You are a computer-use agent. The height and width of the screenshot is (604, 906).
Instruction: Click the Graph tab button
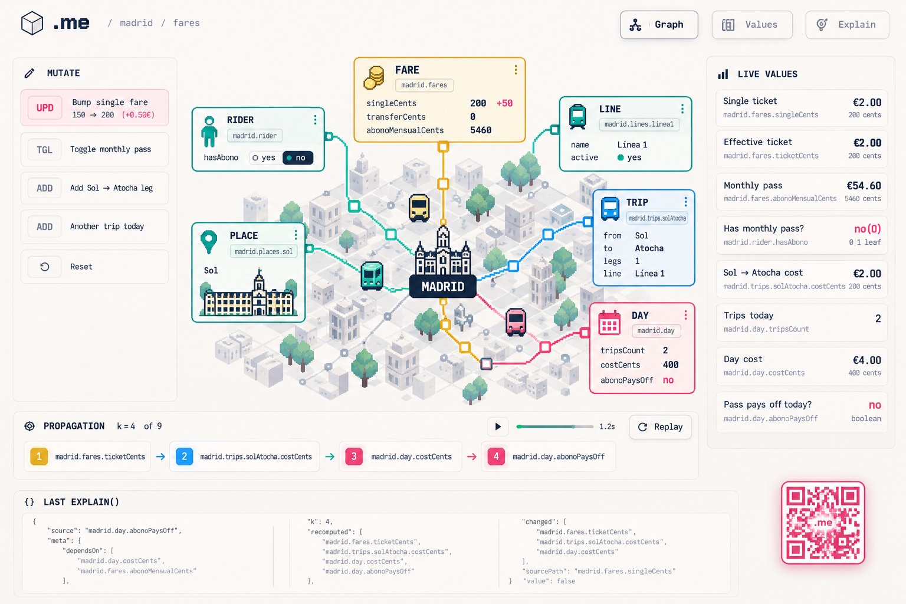[x=659, y=25]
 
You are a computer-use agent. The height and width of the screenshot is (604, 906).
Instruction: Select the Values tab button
[x=752, y=25]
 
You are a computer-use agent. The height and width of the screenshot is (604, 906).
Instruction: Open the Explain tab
[x=848, y=25]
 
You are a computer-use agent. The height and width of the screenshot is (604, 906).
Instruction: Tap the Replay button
[x=661, y=427]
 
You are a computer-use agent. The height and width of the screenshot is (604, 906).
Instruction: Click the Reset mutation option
[x=94, y=267]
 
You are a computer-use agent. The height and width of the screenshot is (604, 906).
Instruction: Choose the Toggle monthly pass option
[x=94, y=149]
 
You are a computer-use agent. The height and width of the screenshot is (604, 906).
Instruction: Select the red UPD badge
[x=45, y=107]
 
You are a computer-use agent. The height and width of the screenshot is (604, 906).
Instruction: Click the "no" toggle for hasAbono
[x=298, y=157]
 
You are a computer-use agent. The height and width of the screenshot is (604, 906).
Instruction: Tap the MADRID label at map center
[x=443, y=287]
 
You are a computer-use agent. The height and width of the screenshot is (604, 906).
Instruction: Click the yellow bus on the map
[x=419, y=208]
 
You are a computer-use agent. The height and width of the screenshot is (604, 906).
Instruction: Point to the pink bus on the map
[x=516, y=322]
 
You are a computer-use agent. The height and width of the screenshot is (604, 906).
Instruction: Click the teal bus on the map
[x=372, y=275]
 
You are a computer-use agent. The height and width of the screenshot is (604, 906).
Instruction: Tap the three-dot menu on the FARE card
[x=516, y=70]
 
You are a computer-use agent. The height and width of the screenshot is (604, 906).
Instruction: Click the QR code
[x=823, y=522]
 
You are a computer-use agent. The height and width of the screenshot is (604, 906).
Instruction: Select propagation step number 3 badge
[x=354, y=457]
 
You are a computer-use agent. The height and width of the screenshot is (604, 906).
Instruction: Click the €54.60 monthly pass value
[x=864, y=186]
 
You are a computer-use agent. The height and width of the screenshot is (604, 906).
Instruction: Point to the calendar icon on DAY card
[x=609, y=323]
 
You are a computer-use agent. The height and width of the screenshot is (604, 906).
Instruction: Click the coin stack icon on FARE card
[x=374, y=78]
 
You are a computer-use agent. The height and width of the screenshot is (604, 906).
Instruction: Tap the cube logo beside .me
[x=32, y=23]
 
